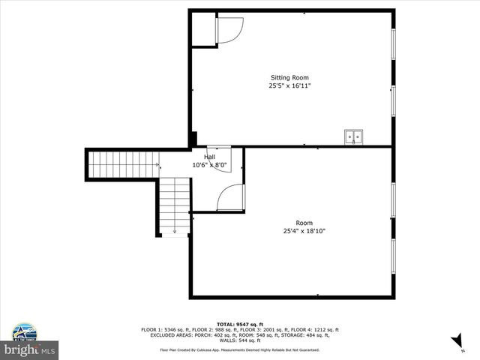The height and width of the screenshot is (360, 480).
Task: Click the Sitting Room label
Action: [289, 78]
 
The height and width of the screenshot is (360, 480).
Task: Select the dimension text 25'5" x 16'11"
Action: [289, 86]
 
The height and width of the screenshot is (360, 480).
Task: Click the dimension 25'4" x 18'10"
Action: [304, 231]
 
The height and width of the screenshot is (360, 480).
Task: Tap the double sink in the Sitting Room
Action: [353, 136]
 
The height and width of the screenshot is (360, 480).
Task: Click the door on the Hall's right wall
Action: [230, 198]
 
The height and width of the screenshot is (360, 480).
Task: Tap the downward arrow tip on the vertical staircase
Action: [174, 232]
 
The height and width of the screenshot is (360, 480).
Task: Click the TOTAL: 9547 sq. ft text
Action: [240, 324]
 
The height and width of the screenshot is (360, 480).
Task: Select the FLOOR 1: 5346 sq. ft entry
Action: [169, 330]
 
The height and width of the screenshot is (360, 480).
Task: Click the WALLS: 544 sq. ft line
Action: [240, 340]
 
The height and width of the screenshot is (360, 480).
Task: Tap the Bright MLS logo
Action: [30, 349]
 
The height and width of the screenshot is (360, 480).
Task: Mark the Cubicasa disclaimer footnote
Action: [240, 349]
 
